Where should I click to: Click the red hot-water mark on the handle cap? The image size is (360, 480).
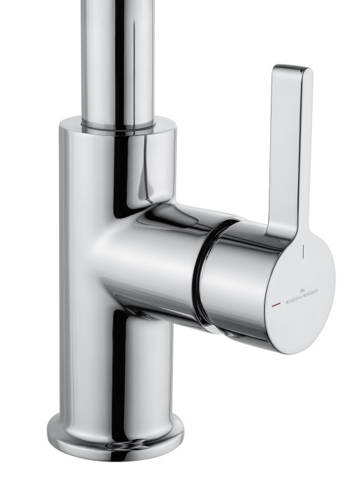pos(275,301)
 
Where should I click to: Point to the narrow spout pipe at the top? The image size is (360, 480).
pos(117,55)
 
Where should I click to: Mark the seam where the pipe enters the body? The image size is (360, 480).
pos(117,128)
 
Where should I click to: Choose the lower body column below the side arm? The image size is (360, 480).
pos(113,370)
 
